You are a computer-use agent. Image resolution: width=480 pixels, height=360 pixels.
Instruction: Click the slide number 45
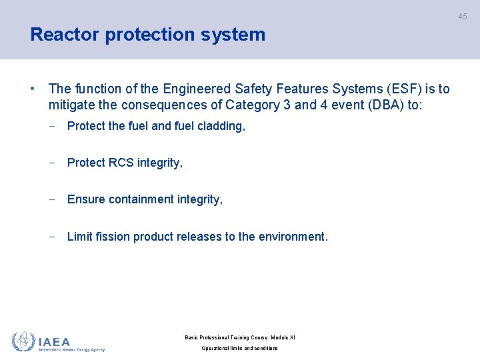pyautogui.click(x=462, y=17)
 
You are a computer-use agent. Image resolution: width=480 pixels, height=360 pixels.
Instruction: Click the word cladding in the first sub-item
pyautogui.click(x=221, y=126)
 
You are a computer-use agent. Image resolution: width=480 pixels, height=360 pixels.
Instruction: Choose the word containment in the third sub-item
pyautogui.click(x=139, y=199)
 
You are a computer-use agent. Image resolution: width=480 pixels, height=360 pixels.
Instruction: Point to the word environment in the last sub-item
pyautogui.click(x=293, y=237)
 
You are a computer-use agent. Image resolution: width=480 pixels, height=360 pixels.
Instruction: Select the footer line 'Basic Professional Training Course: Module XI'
pyautogui.click(x=239, y=337)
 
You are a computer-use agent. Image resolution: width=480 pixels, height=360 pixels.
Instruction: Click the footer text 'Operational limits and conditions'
pyautogui.click(x=239, y=348)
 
